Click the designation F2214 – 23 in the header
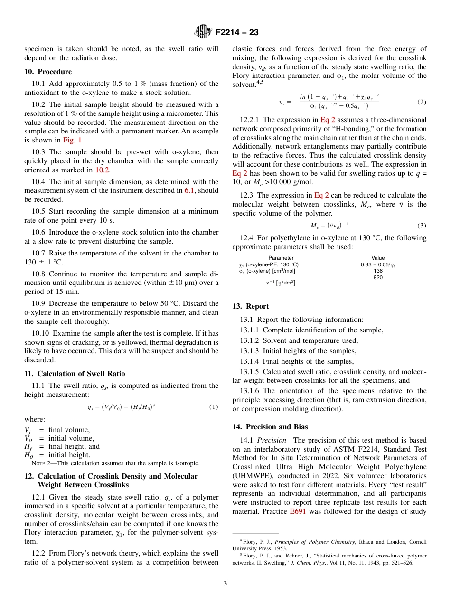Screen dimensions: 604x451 237,33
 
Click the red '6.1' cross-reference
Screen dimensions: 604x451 189,190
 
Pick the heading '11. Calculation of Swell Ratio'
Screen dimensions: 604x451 75,374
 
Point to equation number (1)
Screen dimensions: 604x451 214,407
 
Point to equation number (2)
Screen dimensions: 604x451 422,102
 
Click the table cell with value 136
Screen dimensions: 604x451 378,271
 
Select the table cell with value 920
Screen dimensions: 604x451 378,277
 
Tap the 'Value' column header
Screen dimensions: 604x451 378,258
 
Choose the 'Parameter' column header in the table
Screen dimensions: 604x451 281,258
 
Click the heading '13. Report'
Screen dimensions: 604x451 250,306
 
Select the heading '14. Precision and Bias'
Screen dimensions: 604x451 270,426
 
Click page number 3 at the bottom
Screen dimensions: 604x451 225,583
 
